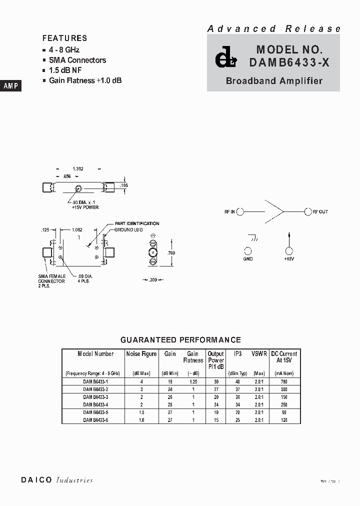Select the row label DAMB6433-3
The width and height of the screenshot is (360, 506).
click(95, 396)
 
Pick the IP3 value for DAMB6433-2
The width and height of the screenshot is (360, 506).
click(237, 389)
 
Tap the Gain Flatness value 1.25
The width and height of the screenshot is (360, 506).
click(193, 381)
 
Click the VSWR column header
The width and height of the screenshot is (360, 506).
click(259, 353)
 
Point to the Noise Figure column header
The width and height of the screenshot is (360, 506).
click(141, 353)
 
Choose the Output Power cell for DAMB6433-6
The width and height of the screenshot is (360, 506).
click(216, 420)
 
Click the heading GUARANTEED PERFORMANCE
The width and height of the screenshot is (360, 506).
click(180, 340)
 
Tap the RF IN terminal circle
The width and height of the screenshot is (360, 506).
click(240, 212)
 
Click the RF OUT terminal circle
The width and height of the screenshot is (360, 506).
click(308, 212)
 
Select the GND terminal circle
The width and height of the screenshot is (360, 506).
click(248, 251)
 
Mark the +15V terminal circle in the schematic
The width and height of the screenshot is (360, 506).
click(288, 251)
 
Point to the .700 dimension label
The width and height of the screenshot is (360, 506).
click(171, 253)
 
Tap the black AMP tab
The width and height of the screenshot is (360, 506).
click(10, 85)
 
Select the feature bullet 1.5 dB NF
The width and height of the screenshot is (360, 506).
click(65, 70)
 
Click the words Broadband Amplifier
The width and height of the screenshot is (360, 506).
click(273, 81)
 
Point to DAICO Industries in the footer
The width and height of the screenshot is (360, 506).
click(57, 480)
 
